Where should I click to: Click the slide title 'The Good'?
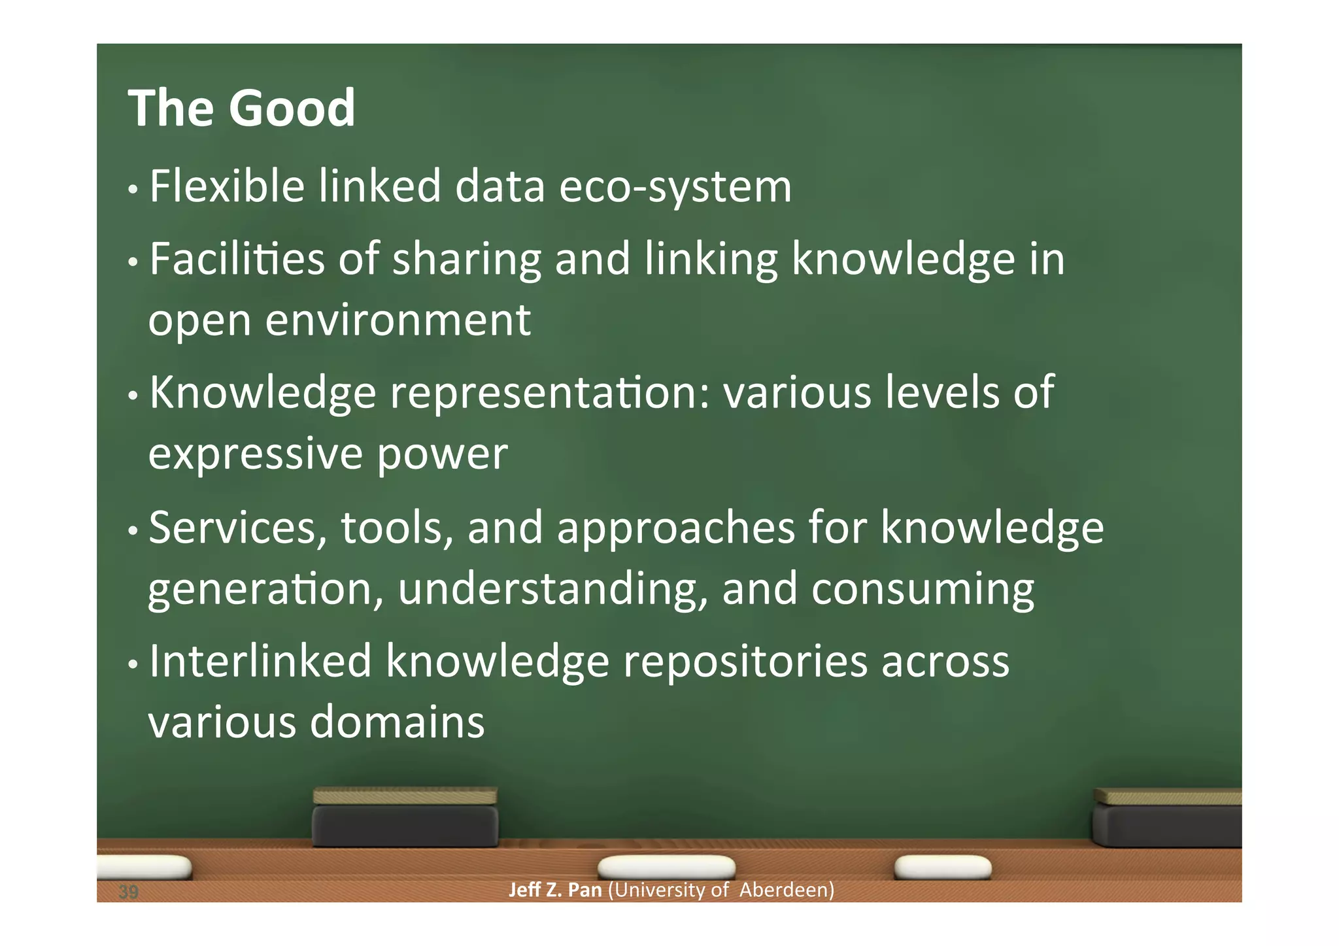coord(241,108)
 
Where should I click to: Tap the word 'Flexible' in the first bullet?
coord(227,186)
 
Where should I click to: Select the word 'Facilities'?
coord(237,259)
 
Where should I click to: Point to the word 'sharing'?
coord(466,260)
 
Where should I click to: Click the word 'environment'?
coord(398,320)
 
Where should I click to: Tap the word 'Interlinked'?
coord(260,662)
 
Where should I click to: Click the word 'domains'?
coord(397,723)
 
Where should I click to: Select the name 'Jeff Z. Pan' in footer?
coord(554,890)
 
